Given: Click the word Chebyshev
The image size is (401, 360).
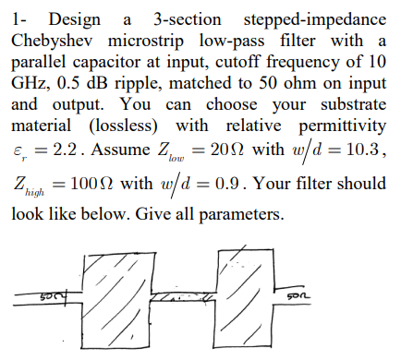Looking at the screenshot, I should point(52,42).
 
